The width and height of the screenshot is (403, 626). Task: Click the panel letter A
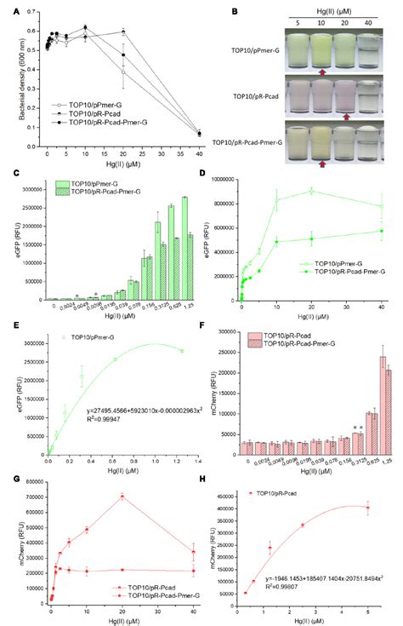coord(12,10)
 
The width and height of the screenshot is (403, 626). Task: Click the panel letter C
coord(11,175)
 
